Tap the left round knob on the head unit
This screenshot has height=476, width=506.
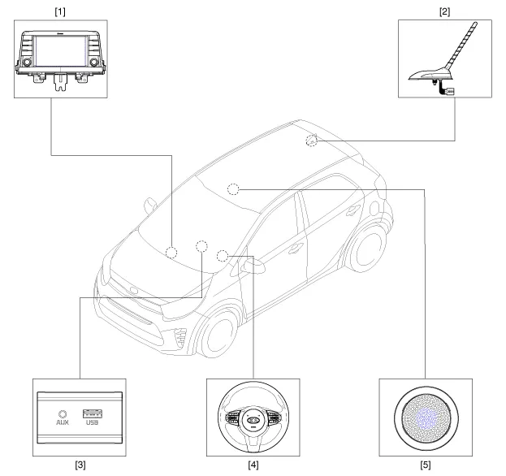[26, 62]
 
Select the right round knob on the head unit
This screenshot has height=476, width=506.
[96, 62]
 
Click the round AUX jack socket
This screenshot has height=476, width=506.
[62, 411]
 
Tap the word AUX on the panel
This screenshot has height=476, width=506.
[62, 424]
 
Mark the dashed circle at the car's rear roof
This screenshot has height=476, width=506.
[312, 141]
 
